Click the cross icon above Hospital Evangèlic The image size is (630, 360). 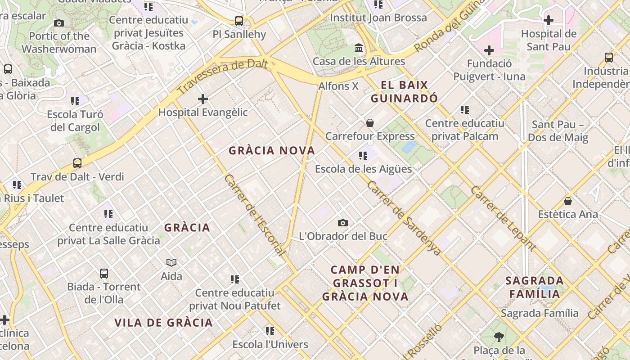203,99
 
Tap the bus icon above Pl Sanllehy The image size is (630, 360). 239,21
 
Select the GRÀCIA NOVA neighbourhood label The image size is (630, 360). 272,151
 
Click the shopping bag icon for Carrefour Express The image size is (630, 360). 370,123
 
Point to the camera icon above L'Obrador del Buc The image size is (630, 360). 343,223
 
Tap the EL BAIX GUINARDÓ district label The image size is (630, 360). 404,92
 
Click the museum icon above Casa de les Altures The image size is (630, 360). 359,48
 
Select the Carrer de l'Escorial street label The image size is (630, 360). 254,215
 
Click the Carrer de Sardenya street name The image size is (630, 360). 404,218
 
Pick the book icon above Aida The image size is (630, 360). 171,262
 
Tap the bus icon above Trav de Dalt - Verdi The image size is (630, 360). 77,163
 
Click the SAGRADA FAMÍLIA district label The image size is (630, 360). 534,288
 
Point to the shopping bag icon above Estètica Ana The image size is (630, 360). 568,201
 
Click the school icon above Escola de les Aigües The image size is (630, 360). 363,156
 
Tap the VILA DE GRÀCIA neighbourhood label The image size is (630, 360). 163,323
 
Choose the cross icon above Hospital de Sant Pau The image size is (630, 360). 549,20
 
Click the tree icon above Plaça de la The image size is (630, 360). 499,337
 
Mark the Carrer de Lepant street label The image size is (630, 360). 503,218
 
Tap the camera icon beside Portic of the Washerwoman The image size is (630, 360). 59,23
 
